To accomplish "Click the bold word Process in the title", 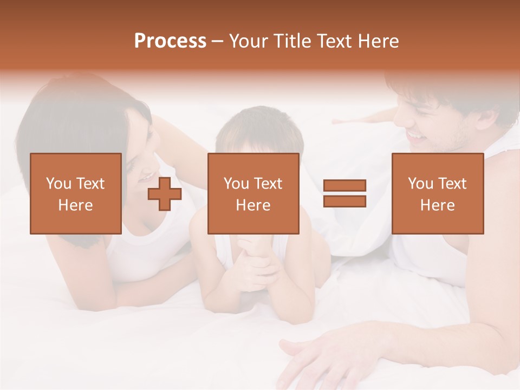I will pos(170,41).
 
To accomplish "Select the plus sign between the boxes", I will pos(165,194).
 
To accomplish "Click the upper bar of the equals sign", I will pos(344,186).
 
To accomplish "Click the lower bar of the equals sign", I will pos(344,201).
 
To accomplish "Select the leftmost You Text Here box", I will pos(76,193).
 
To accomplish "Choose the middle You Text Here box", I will pos(253,193).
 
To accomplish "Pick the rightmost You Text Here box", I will pos(437,193).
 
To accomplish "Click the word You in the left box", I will pos(58,183).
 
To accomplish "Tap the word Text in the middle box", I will pos(267,183).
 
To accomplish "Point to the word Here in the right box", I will pos(437,205).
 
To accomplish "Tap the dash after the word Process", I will pos(218,41).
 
